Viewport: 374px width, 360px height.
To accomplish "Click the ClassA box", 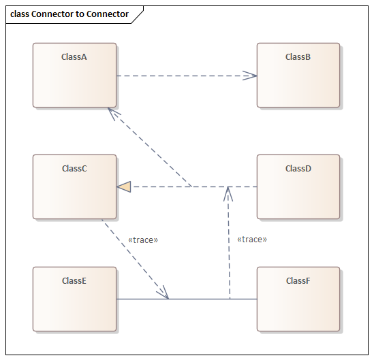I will [74, 76].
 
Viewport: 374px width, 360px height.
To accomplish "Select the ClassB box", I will [298, 76].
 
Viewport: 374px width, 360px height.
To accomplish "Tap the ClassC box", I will [74, 187].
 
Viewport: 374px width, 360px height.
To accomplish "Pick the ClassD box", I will [298, 187].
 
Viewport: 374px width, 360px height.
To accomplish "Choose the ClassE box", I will [74, 299].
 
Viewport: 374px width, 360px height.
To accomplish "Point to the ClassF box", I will [298, 299].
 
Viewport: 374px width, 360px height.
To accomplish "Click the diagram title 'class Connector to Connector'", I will [69, 14].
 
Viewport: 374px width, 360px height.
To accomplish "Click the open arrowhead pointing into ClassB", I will [251, 76].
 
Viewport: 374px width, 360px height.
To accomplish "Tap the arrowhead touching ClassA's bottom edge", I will [113, 113].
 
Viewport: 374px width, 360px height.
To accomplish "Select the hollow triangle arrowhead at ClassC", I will [123, 186].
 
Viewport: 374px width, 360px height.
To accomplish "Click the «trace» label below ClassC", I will [143, 240].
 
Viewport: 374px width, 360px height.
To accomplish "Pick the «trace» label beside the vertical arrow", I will [251, 240].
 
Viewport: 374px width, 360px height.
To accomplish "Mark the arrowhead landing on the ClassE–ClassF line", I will [163, 293].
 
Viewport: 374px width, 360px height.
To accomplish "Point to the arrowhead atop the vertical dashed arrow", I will [229, 193].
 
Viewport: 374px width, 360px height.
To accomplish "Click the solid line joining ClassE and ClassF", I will [198, 299].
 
